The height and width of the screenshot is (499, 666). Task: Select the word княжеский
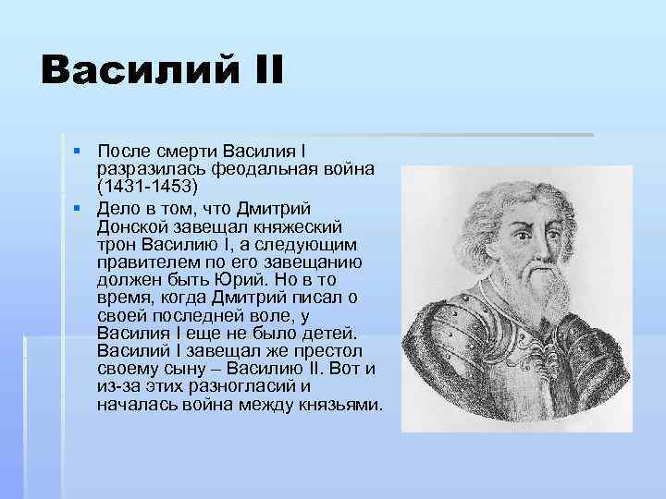(304, 225)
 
